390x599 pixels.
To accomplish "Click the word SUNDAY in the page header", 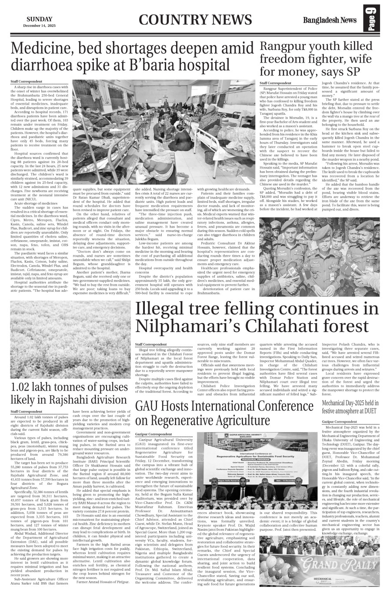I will click(x=39, y=19).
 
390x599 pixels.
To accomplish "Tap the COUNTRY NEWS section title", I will click(x=196, y=20).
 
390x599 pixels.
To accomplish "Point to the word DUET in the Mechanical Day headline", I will click(x=373, y=410).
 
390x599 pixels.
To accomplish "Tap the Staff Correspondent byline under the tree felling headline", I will click(x=151, y=344).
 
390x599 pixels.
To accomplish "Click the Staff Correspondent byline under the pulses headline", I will click(x=27, y=411).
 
